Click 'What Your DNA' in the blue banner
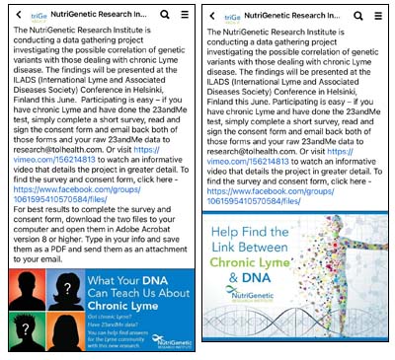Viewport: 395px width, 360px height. coord(138,281)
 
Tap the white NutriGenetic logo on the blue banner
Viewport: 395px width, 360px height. coord(169,342)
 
